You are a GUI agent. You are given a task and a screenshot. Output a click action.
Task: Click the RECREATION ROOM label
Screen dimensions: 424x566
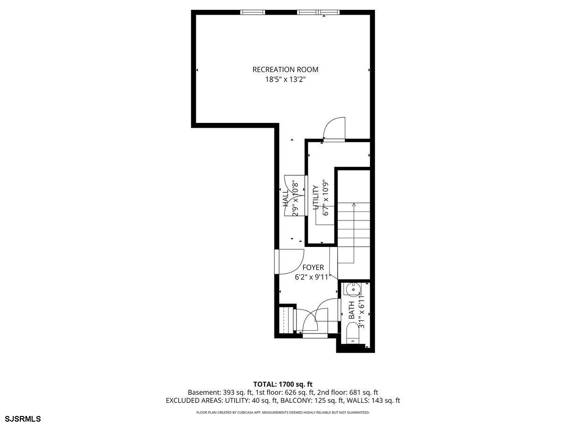[285, 70]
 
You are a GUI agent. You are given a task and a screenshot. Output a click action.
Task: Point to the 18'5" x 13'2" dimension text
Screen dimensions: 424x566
[285, 80]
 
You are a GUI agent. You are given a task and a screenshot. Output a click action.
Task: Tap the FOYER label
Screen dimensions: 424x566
[313, 268]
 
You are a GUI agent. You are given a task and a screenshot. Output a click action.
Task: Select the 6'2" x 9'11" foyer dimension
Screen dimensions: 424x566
[313, 277]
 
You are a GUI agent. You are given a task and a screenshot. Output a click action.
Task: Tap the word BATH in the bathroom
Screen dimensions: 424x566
[351, 311]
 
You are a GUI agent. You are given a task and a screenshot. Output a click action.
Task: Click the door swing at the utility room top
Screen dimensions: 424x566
[334, 128]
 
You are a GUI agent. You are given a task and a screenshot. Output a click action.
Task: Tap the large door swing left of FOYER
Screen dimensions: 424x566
[291, 261]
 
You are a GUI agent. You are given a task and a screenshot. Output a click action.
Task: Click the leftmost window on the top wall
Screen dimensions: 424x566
[252, 12]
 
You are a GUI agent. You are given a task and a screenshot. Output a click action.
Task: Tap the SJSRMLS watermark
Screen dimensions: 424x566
[23, 418]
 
